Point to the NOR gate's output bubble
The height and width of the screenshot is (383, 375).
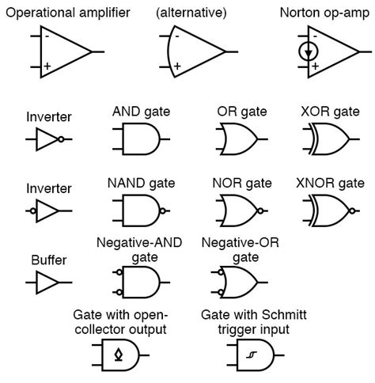coord(259,211)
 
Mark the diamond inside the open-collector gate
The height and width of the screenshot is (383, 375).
coord(119,355)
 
